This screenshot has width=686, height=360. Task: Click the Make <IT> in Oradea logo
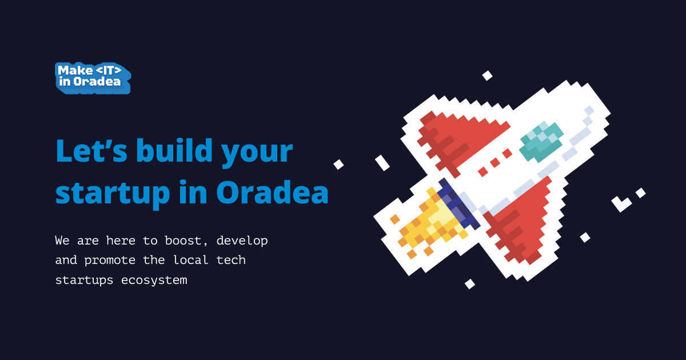93,78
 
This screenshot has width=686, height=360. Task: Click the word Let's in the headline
91,151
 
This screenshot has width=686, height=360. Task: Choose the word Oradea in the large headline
272,192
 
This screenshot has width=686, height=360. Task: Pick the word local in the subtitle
191,260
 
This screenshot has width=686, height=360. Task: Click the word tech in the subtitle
231,260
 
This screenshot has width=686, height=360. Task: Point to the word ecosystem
154,281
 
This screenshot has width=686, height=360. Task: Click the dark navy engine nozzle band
458,203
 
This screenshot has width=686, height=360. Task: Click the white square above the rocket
487,75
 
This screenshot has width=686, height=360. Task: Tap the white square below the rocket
470,284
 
